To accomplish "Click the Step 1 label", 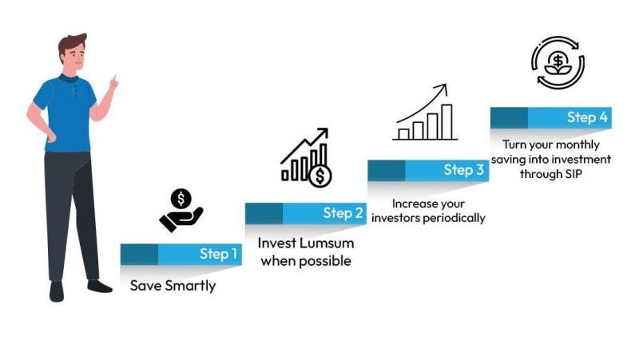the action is coord(218,254).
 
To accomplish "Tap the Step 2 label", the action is coord(343,212).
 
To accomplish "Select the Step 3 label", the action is coord(464,169).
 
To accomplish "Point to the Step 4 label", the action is coord(587,117).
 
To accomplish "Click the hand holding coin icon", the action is coord(181,210).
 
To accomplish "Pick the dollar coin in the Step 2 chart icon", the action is coord(320,176).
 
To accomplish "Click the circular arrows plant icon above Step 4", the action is coord(558,62).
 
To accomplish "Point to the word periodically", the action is coord(454,218).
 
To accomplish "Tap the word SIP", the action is coord(574,174).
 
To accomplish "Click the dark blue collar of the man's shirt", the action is coord(69,78).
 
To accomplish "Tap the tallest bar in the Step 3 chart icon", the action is coord(447,122).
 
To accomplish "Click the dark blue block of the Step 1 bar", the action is coord(139,255).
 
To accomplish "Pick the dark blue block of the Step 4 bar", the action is coord(509,118).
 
